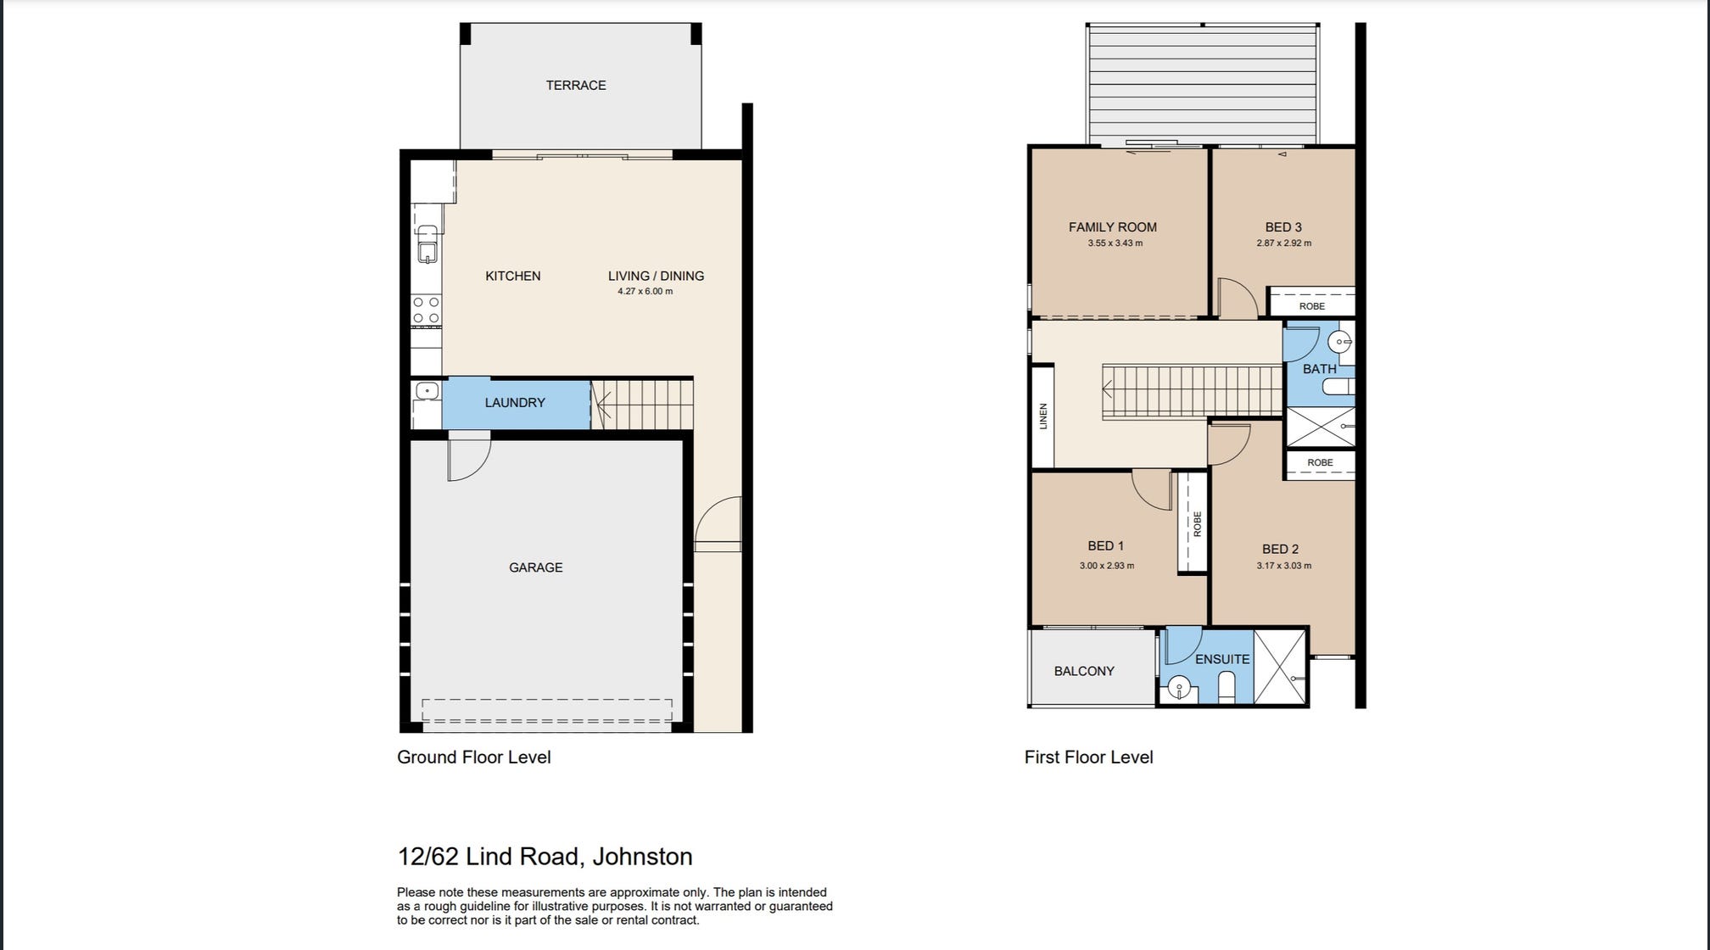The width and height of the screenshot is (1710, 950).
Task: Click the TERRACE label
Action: click(575, 85)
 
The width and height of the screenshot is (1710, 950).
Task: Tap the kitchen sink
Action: click(427, 243)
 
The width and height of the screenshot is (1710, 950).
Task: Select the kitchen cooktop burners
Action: click(426, 310)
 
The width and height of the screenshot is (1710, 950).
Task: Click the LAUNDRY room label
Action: click(515, 403)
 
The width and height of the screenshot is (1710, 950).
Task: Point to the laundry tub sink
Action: click(427, 391)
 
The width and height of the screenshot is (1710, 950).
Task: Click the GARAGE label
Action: click(535, 567)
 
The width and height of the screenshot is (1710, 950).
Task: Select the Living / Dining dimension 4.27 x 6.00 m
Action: click(645, 292)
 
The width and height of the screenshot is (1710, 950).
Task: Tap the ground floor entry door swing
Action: click(718, 524)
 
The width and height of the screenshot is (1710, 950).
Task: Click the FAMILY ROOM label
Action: click(1112, 227)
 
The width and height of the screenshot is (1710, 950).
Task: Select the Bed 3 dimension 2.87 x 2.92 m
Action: click(1283, 243)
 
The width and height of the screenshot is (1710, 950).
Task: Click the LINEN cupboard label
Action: click(1043, 416)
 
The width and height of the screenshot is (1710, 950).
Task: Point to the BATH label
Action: click(1319, 369)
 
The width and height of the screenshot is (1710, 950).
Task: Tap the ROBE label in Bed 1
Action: click(1197, 523)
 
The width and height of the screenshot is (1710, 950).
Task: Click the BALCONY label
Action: click(1084, 671)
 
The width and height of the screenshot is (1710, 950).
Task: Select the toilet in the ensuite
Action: click(1227, 685)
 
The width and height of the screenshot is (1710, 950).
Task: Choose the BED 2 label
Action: click(1280, 550)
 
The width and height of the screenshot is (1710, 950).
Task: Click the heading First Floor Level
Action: click(1088, 757)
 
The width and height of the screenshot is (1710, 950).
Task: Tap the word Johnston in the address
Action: click(642, 857)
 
